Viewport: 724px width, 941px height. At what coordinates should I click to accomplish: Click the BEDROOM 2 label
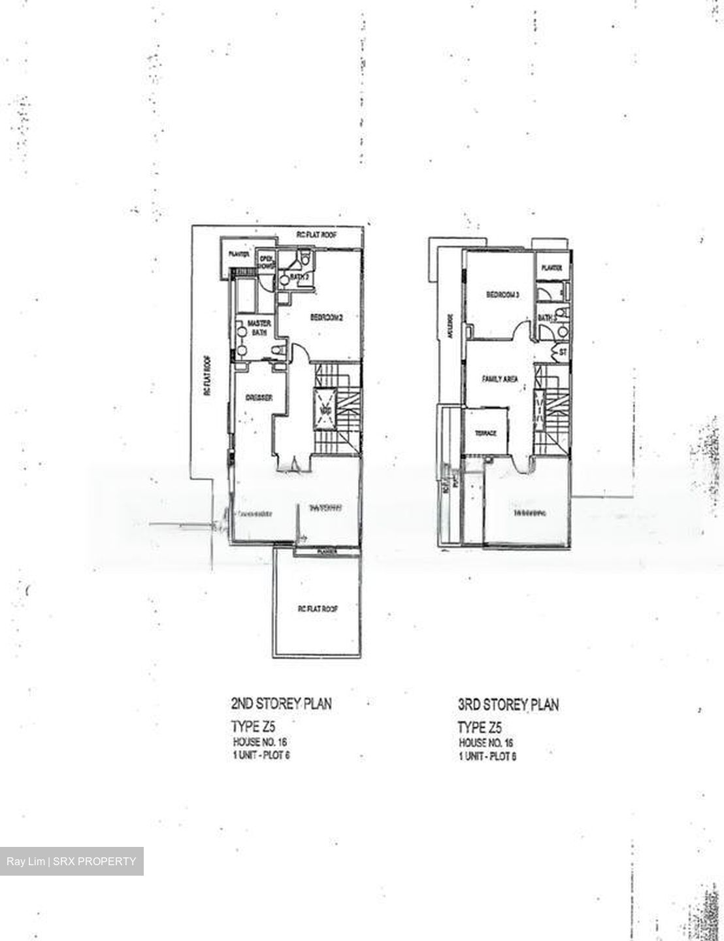pos(326,318)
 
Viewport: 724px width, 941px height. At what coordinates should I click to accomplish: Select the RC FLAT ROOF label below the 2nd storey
pos(318,608)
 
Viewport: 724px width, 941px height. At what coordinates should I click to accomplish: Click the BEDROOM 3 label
pos(502,295)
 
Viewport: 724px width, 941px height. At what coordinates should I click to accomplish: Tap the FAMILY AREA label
pos(500,378)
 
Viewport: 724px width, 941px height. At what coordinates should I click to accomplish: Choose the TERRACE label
pos(485,434)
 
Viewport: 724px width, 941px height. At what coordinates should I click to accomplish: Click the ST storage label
pos(562,353)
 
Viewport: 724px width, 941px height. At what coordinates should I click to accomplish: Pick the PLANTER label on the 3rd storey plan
pos(552,267)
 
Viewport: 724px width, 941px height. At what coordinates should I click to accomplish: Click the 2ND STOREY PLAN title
pos(281,704)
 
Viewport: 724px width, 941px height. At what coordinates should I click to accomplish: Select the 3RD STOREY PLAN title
pos(508,705)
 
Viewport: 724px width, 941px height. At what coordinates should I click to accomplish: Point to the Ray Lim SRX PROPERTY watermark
pos(72,861)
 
